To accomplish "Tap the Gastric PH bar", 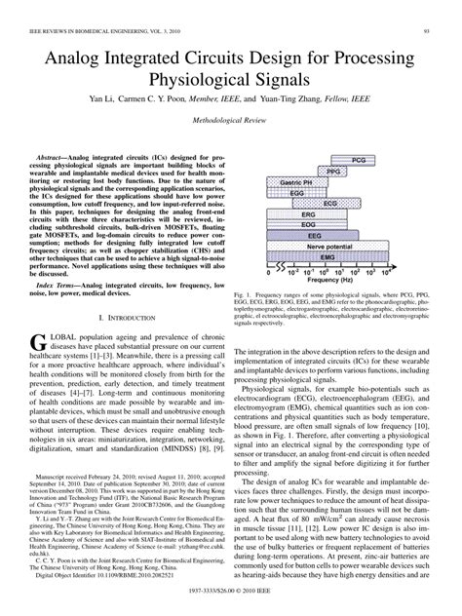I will click(x=295, y=182).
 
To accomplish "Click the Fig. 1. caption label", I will click(x=243, y=293).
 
